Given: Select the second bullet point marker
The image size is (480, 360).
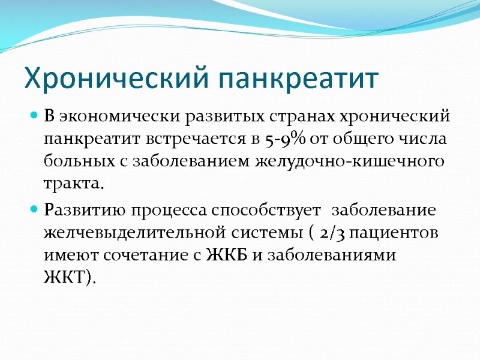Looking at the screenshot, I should [35, 211].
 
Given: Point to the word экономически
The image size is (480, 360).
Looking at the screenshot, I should [108, 116].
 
